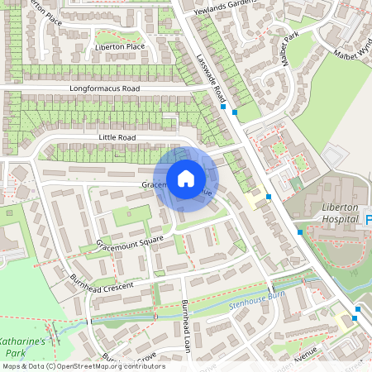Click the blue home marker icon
[186, 179]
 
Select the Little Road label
[117, 137]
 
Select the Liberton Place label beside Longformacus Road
[121, 47]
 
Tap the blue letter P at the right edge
[369, 219]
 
